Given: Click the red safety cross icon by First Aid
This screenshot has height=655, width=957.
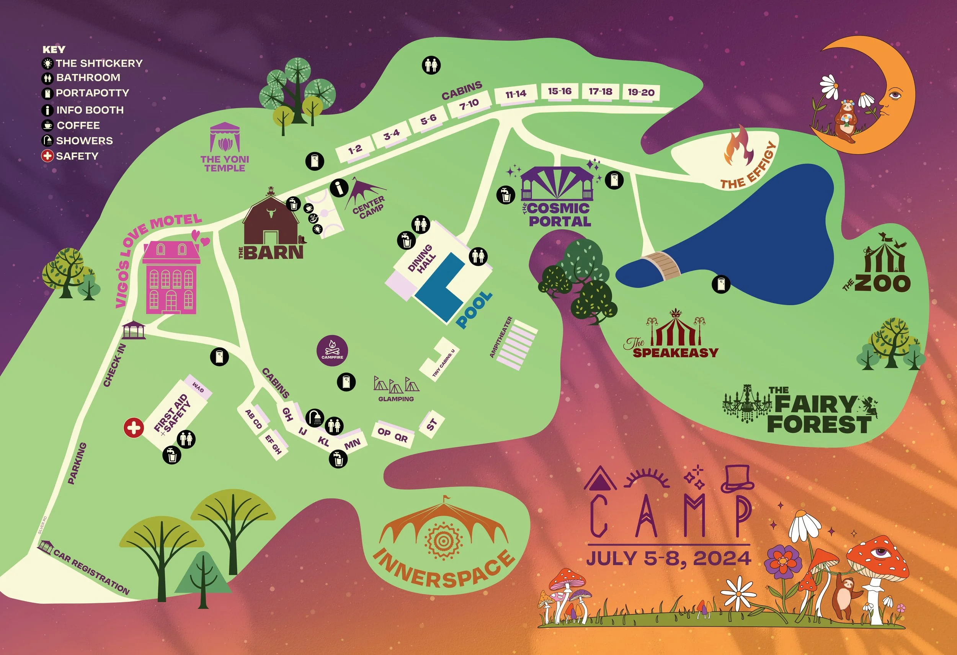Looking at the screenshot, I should pos(134,428).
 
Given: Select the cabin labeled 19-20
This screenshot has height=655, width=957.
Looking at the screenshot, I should pos(641,92).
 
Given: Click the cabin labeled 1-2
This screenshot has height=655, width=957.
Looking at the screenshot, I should pos(354,149).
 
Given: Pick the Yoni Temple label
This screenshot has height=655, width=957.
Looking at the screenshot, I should pos(225,163).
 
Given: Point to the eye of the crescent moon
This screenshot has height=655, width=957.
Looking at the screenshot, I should pos(894,96).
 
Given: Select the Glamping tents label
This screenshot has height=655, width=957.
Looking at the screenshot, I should pos(396,399).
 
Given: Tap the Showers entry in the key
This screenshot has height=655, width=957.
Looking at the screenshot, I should pos(84,141).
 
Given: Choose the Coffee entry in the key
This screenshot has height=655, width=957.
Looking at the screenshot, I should pos(78,125).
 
